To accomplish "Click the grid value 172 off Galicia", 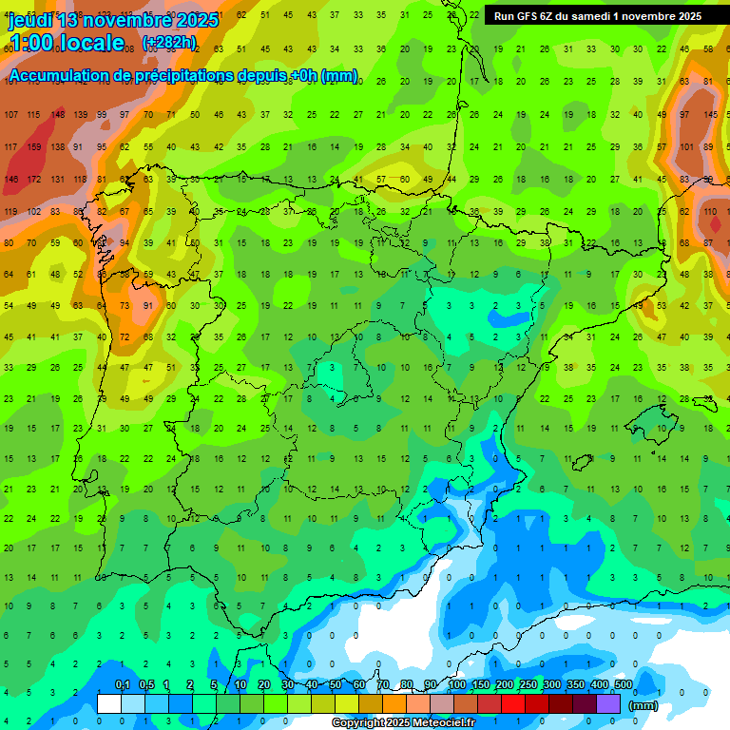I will [35, 180].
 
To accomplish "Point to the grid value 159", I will [35, 147].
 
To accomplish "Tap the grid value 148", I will [58, 115].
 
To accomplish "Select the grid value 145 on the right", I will [710, 115].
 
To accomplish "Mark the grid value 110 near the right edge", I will [710, 211].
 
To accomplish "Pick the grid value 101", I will [686, 147].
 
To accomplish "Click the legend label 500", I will [624, 684].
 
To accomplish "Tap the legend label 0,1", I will [123, 684].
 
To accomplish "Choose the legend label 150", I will [481, 684].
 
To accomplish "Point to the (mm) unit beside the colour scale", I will [644, 705].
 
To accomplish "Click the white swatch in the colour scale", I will [109, 703].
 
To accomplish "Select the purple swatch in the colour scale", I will [609, 703].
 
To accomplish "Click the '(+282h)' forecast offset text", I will [169, 43].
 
